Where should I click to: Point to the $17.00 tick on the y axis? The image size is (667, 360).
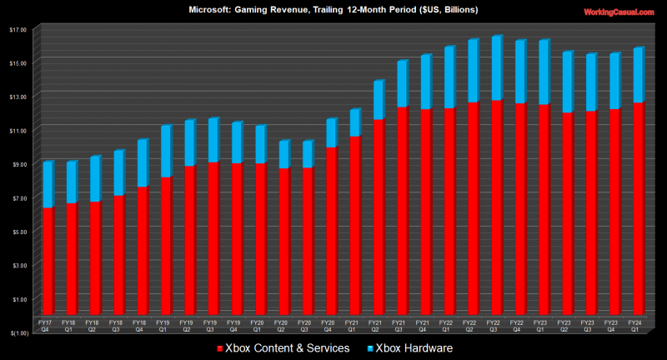pyautogui.click(x=18, y=29)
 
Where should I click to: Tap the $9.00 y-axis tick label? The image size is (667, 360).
pyautogui.click(x=18, y=164)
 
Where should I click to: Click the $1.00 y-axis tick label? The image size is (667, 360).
pyautogui.click(x=18, y=298)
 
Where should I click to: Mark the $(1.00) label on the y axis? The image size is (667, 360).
pyautogui.click(x=17, y=332)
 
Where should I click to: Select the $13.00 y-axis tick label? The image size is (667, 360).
pyautogui.click(x=18, y=97)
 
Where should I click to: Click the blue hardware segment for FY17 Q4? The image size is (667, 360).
pyautogui.click(x=48, y=184)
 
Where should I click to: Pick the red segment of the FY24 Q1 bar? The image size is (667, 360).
pyautogui.click(x=638, y=208)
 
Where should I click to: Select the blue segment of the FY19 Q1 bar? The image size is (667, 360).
pyautogui.click(x=166, y=151)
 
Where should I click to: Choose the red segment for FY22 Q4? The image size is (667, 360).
pyautogui.click(x=520, y=208)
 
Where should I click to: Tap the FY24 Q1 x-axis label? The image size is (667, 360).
pyautogui.click(x=635, y=325)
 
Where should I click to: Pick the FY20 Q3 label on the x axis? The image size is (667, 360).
pyautogui.click(x=305, y=325)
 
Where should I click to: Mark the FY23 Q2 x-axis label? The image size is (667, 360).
pyautogui.click(x=564, y=325)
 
